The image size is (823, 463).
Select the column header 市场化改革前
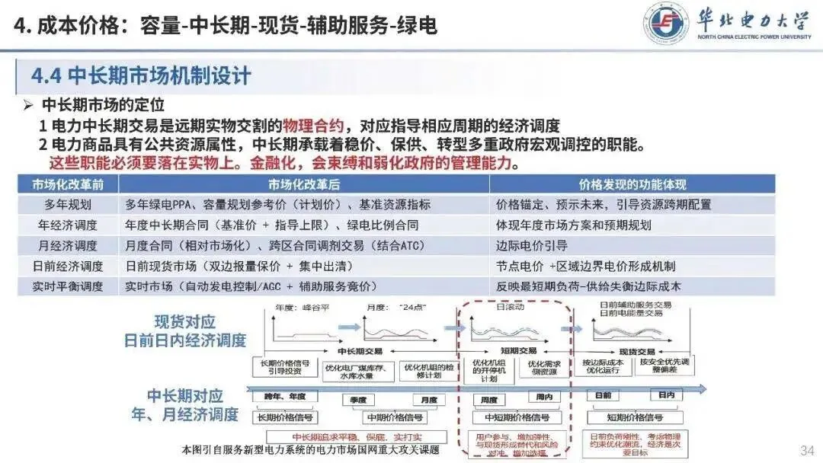tap(69, 184)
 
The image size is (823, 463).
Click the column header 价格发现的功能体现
tap(632, 184)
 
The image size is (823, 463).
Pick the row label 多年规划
tap(69, 204)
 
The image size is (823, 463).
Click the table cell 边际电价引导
tap(532, 246)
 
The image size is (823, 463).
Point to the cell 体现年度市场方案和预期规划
tap(573, 225)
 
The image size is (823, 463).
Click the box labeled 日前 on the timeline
tap(603, 396)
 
